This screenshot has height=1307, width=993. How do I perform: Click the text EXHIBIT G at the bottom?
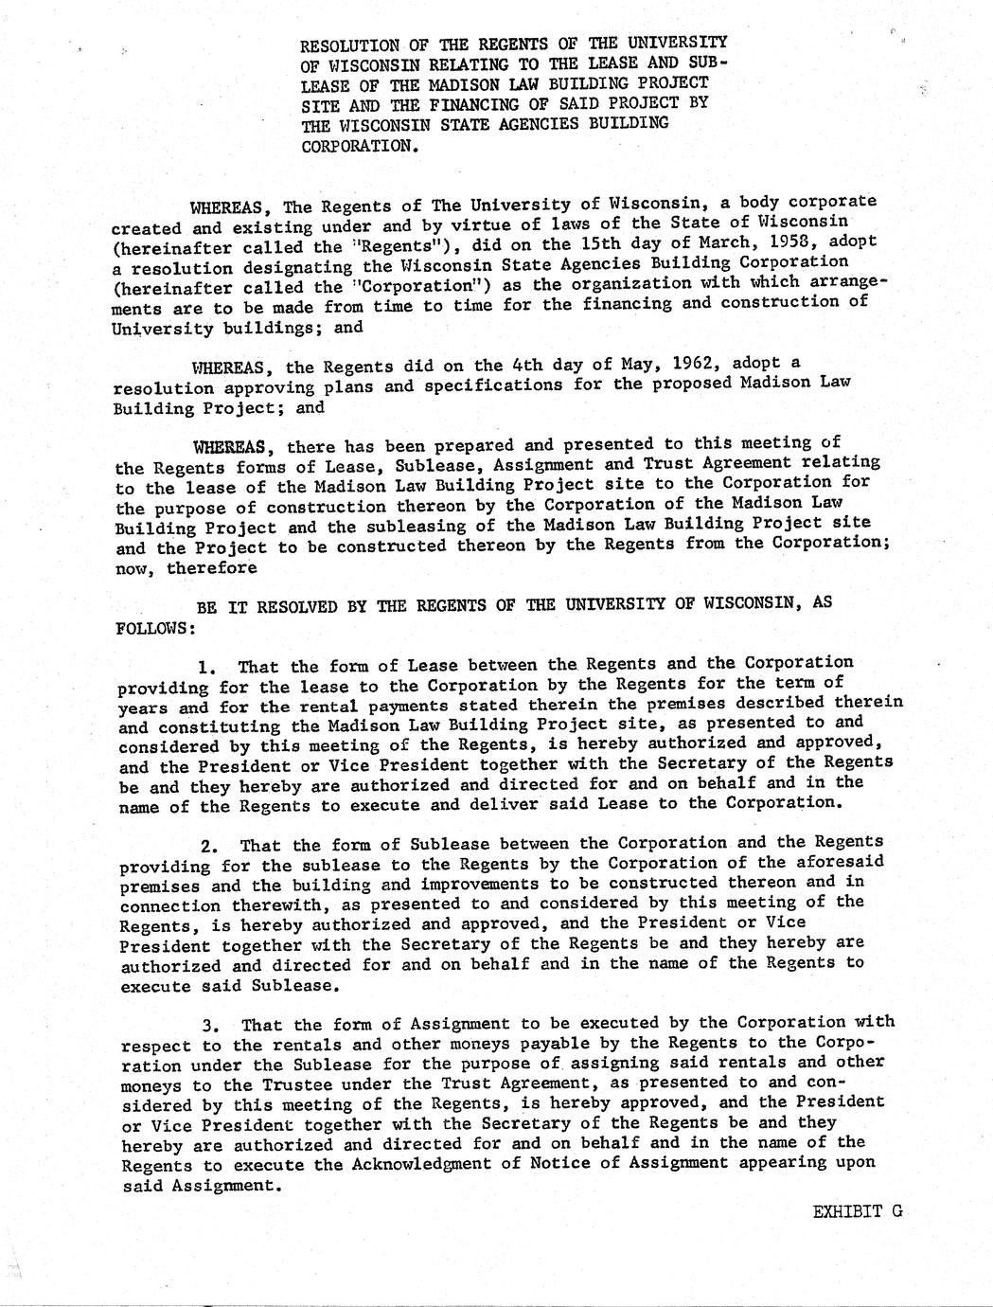857,1210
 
